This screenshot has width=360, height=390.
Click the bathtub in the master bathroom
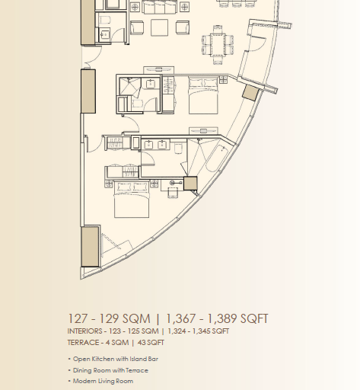coord(216,158)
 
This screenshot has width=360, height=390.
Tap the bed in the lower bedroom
coord(132,200)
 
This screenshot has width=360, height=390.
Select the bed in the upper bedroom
coord(203,95)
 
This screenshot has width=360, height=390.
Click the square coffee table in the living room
coord(159,27)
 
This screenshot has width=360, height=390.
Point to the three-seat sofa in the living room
coord(160,7)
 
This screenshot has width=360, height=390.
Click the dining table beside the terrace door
coord(218,44)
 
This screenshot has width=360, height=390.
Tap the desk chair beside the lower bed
coord(173,193)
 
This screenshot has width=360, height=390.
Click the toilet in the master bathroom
coord(178,148)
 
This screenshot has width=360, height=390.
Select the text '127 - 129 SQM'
coord(109,318)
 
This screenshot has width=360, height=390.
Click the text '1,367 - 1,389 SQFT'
coord(217,318)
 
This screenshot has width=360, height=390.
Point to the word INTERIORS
coord(84,331)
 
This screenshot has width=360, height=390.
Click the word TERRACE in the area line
coord(83,343)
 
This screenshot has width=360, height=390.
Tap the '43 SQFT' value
coord(151,343)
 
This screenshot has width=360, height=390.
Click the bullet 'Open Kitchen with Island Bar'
coord(116,359)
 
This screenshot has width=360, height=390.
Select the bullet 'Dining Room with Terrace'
coord(110,370)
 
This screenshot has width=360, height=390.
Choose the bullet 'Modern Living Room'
coord(103,381)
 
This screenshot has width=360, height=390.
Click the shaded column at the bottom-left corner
coord(90,247)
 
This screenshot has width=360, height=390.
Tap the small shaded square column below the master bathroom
coord(190,183)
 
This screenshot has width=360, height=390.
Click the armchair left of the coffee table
coord(137,27)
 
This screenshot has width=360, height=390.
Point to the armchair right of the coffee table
coord(183,27)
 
